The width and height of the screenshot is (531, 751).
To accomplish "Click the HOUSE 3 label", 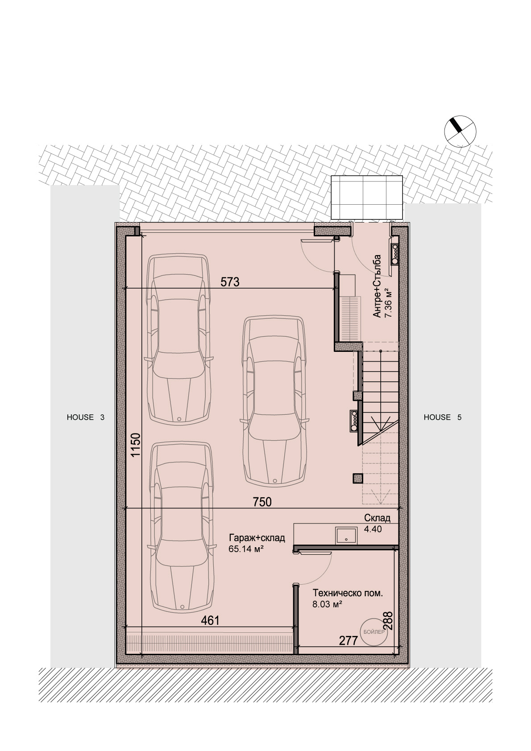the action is [86, 417].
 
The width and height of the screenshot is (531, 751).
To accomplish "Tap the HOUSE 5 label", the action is [443, 417].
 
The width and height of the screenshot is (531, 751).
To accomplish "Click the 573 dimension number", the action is [230, 282].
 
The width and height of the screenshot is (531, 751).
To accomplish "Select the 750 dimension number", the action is [261, 502].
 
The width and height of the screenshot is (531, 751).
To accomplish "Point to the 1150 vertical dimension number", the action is [136, 445].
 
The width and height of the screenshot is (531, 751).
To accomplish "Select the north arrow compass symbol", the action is [460, 131].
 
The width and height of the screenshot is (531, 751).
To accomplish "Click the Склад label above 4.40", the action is [378, 518].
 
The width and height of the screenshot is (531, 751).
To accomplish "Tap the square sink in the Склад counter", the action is [346, 536].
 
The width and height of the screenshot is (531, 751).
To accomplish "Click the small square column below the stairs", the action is [357, 479].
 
